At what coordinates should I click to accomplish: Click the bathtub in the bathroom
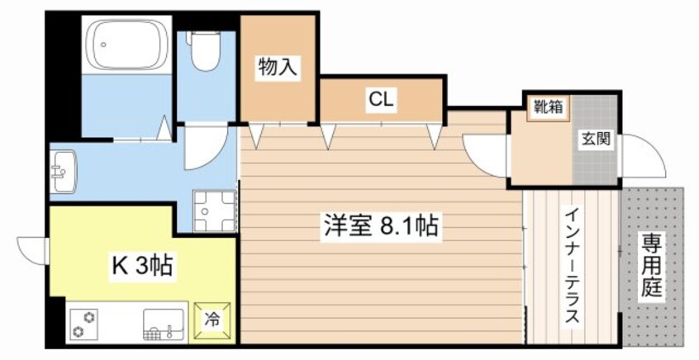point(127,45)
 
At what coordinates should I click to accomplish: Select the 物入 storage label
point(278,66)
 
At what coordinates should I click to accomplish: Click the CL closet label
point(382,101)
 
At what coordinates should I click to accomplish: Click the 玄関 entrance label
point(595,140)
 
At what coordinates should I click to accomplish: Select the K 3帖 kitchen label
point(142,266)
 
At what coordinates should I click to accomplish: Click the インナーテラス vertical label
point(572,265)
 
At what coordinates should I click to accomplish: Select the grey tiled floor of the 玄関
point(596,161)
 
